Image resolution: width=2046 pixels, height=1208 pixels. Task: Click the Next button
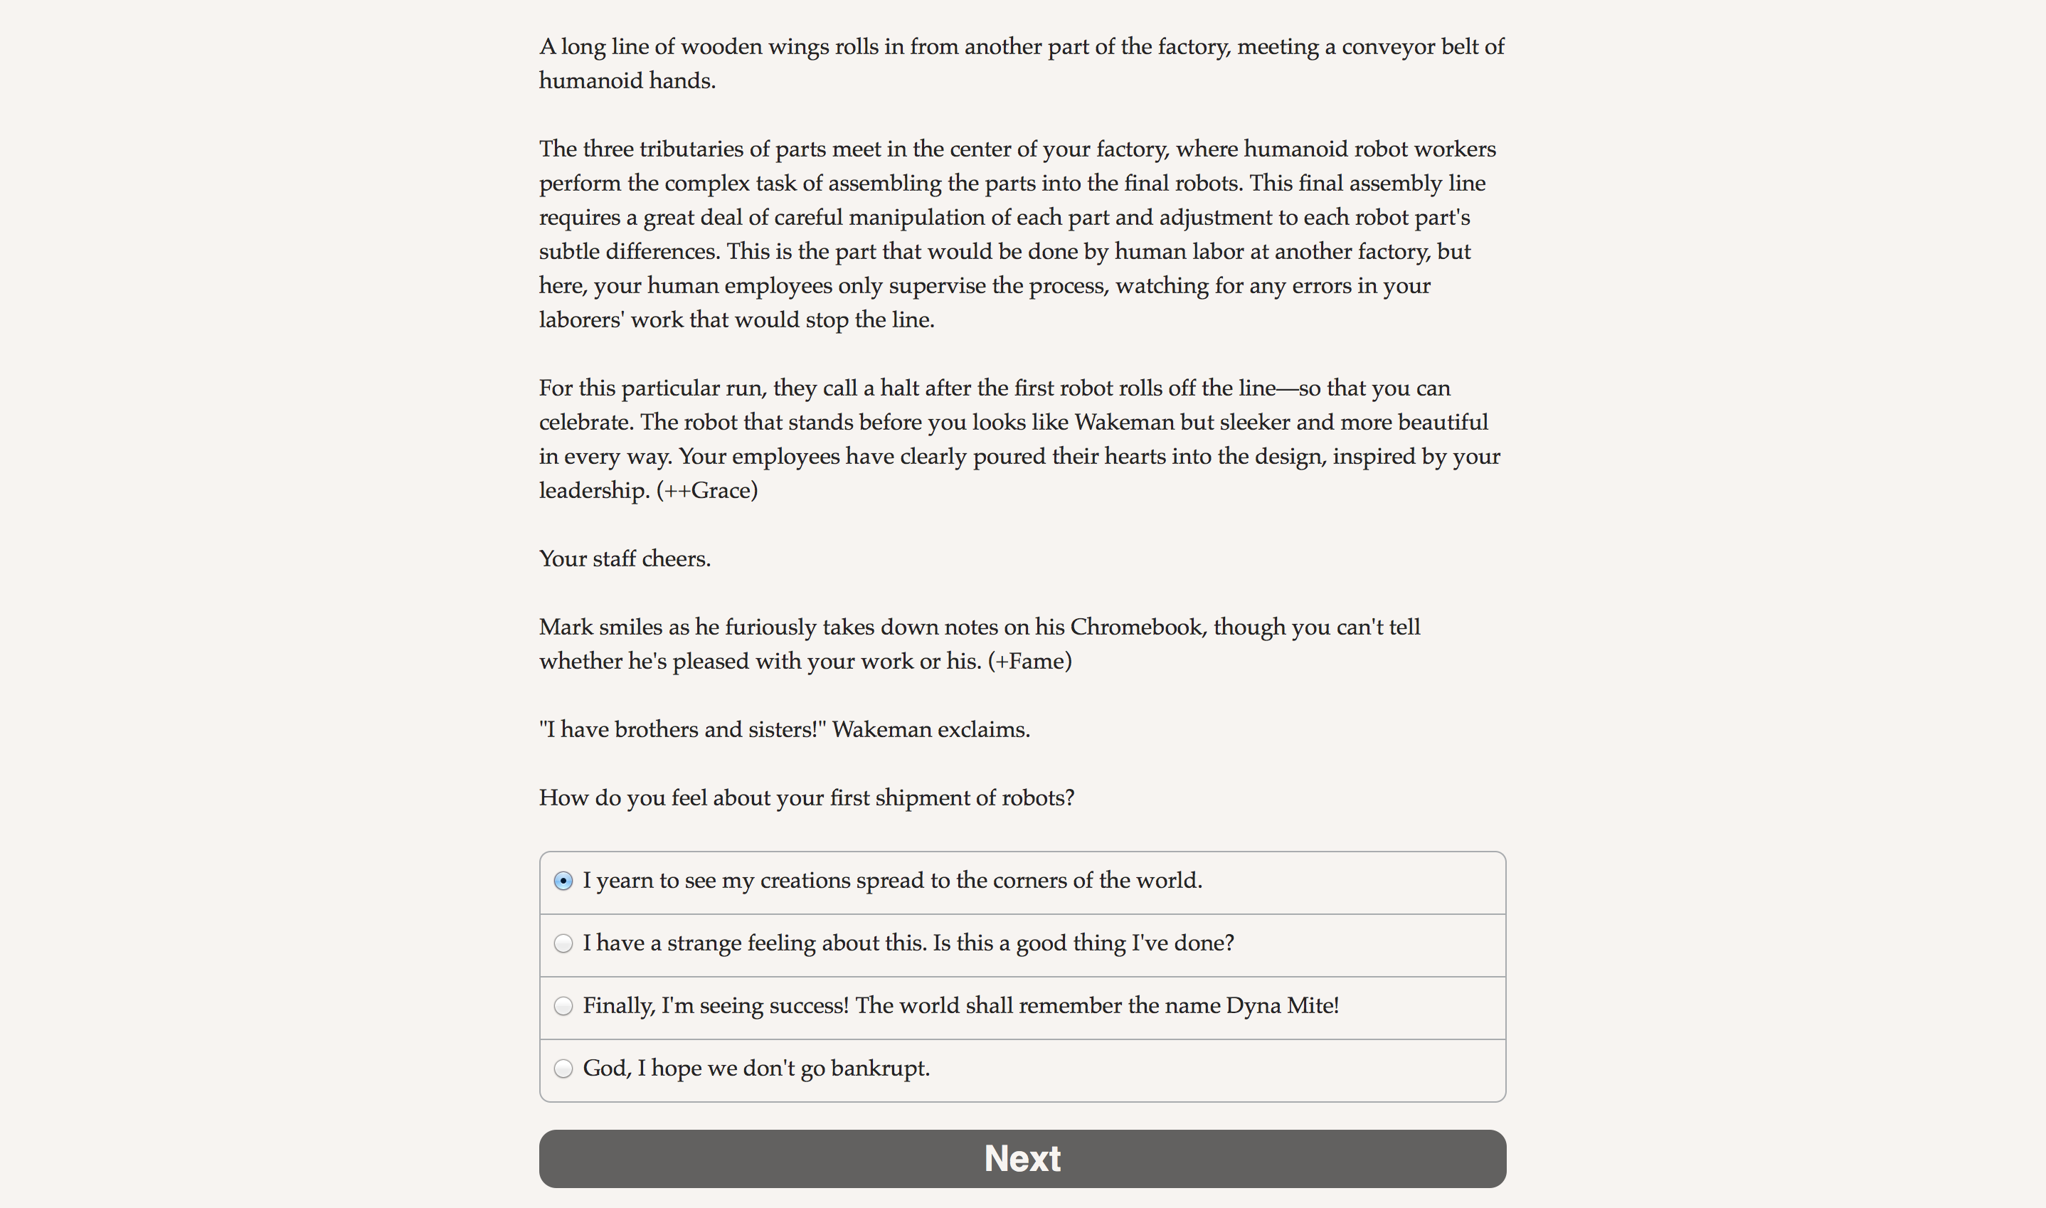pos(1022,1158)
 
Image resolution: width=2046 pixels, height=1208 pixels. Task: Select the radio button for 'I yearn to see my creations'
pos(563,881)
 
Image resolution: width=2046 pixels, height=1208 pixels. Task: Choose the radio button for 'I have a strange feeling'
pos(563,943)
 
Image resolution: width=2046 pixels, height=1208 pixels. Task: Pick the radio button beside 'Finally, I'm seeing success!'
pos(563,1006)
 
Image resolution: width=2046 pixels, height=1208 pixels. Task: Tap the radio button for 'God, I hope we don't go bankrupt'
pos(563,1068)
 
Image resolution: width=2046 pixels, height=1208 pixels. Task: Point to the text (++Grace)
pos(706,490)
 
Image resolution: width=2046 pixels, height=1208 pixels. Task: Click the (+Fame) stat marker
pos(1029,661)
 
